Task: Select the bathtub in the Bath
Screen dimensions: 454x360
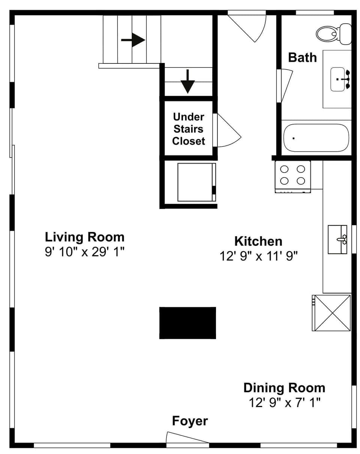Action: (316, 138)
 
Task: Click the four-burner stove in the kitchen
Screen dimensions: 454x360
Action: (292, 176)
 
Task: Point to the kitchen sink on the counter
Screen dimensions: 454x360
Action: (337, 239)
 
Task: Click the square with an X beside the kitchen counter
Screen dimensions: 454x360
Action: (331, 313)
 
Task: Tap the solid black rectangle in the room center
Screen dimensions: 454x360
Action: (187, 323)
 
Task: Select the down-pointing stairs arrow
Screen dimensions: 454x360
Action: (188, 81)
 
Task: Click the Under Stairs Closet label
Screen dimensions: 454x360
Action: (188, 129)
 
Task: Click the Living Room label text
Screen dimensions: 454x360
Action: (84, 237)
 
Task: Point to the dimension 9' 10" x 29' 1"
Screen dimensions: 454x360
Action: (84, 252)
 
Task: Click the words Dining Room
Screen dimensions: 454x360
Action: (284, 387)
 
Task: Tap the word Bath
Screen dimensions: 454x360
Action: (302, 57)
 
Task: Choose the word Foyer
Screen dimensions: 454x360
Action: (190, 421)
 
